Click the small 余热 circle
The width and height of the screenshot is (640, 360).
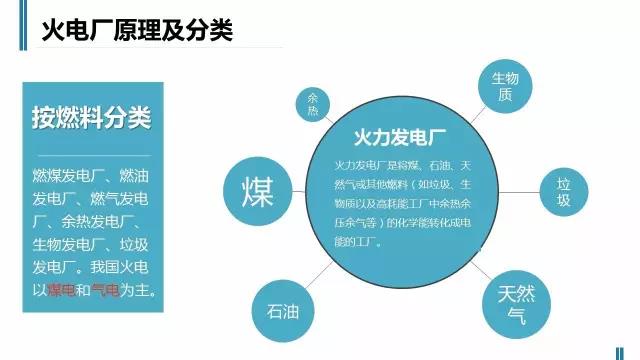312,103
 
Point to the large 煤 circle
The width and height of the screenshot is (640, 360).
258,190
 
